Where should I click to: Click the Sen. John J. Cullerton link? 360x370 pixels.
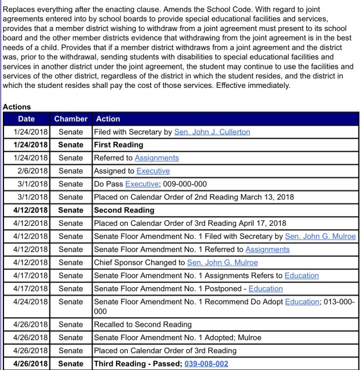pyautogui.click(x=212, y=132)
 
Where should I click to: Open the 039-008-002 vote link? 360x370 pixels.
pyautogui.click(x=206, y=364)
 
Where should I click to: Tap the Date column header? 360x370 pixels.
pyautogui.click(x=26, y=119)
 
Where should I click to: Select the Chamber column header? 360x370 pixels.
pyautogui.click(x=71, y=119)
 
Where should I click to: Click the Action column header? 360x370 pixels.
pyautogui.click(x=108, y=119)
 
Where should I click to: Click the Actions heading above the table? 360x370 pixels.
pyautogui.click(x=17, y=107)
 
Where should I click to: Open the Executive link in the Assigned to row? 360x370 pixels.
pyautogui.click(x=153, y=171)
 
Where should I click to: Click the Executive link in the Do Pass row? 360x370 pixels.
pyautogui.click(x=142, y=184)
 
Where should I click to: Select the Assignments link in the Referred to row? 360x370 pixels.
pyautogui.click(x=157, y=158)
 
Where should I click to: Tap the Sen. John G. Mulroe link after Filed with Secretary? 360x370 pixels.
pyautogui.click(x=320, y=236)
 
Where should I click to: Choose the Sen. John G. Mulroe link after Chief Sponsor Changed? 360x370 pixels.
pyautogui.click(x=222, y=262)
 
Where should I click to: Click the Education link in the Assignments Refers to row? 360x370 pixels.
pyautogui.click(x=301, y=275)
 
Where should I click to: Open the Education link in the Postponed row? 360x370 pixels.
pyautogui.click(x=265, y=288)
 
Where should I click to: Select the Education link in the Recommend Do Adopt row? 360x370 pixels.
pyautogui.click(x=301, y=301)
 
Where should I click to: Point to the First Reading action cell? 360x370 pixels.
pyautogui.click(x=119, y=145)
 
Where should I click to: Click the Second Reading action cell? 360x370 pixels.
pyautogui.click(x=124, y=210)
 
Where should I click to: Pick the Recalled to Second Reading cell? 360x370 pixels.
pyautogui.click(x=143, y=324)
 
